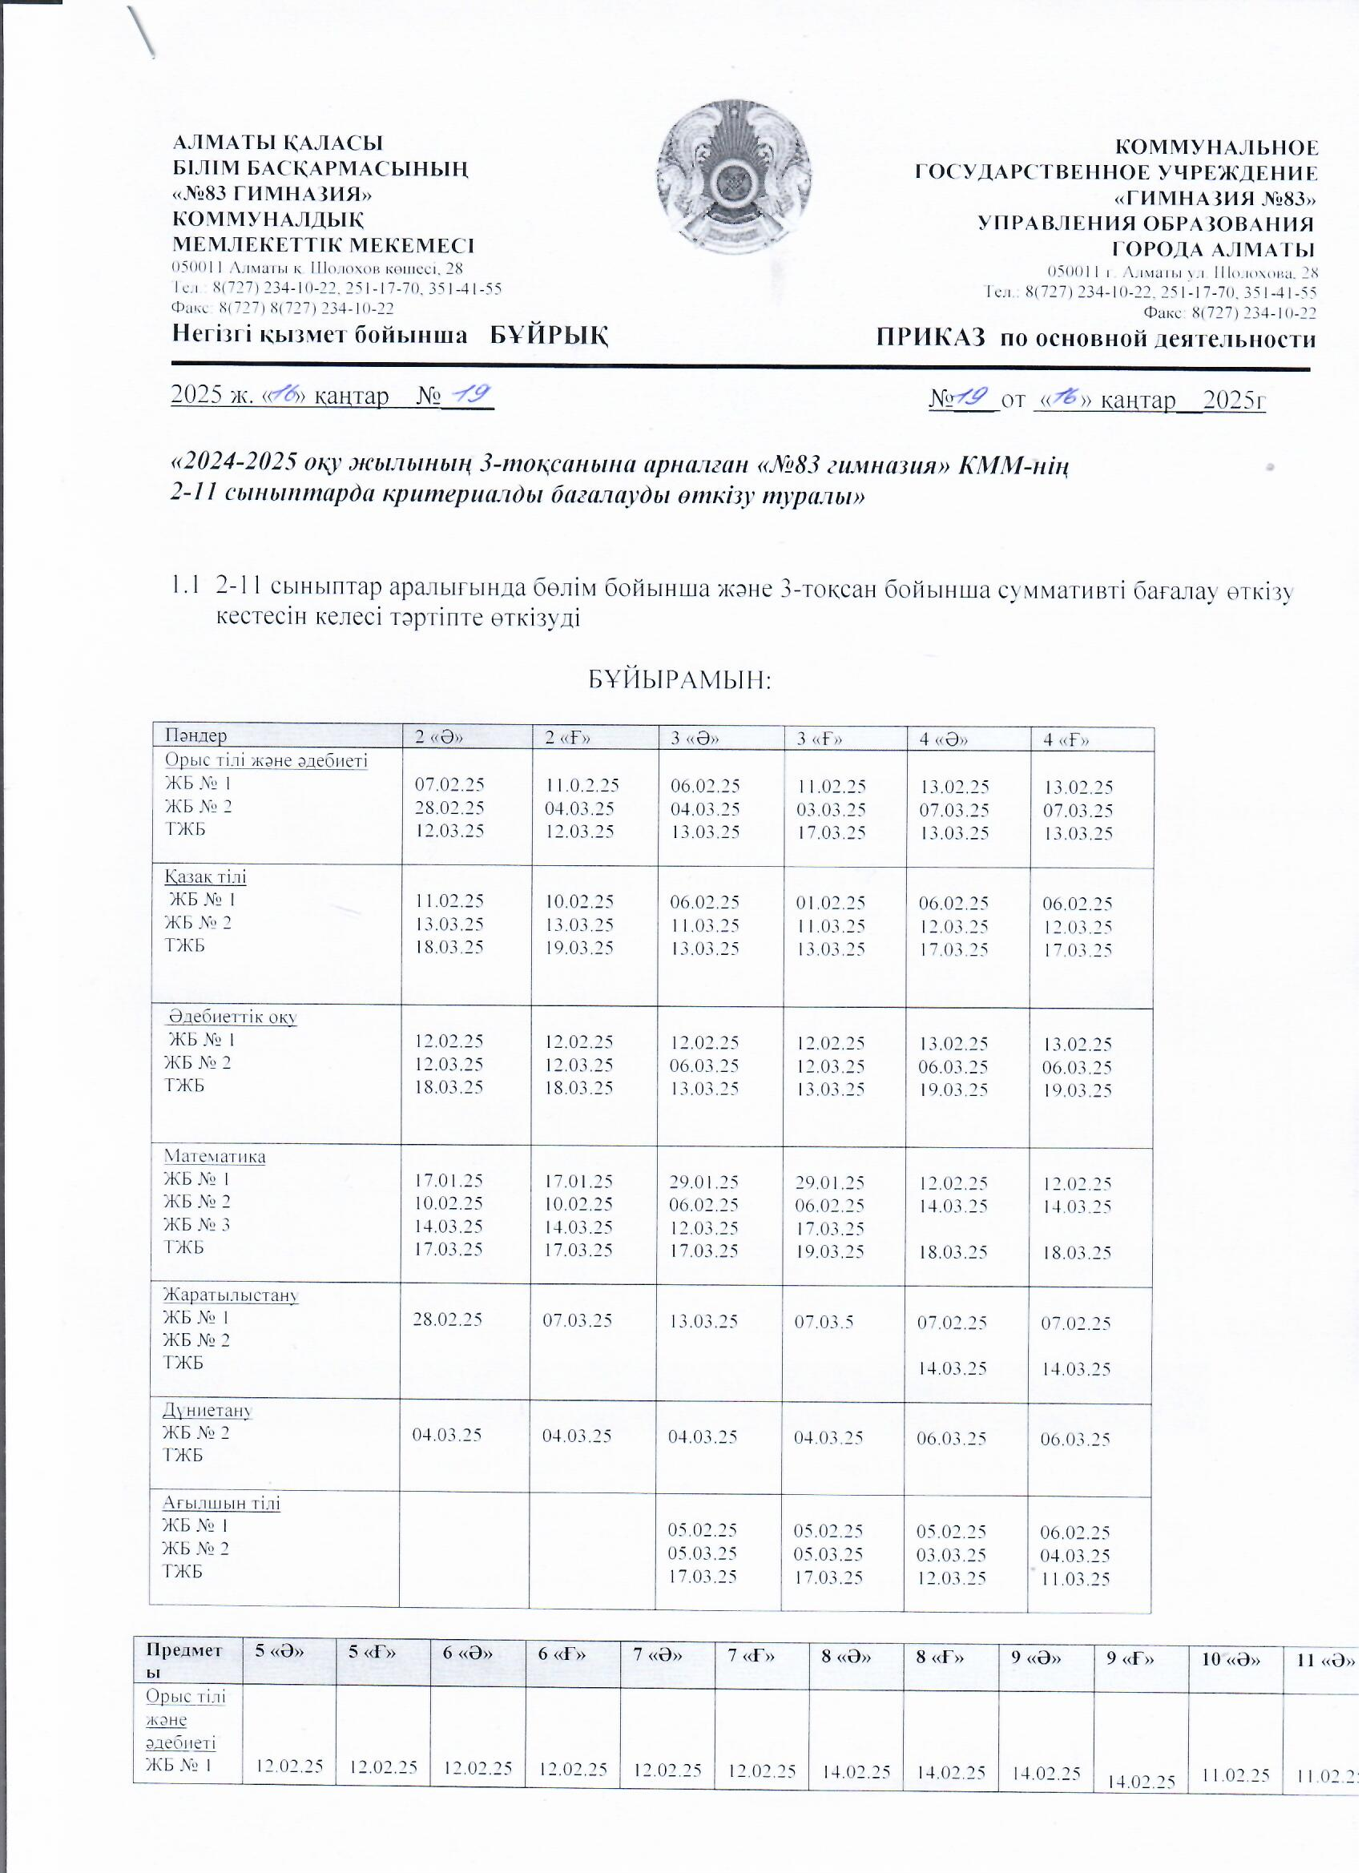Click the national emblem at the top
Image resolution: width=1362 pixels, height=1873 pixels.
[x=733, y=178]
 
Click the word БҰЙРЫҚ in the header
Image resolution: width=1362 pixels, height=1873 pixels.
[x=550, y=336]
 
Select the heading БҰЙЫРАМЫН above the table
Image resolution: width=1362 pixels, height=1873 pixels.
[x=679, y=680]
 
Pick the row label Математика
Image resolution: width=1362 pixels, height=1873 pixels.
[x=215, y=1157]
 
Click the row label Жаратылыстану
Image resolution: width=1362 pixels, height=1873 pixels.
[x=231, y=1295]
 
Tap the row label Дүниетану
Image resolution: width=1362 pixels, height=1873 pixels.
[x=208, y=1410]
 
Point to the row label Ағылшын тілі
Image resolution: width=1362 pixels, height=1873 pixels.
[x=221, y=1502]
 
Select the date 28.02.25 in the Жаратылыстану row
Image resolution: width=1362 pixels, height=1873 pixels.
[x=448, y=1319]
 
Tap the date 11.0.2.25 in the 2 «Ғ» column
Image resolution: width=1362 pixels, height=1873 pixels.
[x=582, y=785]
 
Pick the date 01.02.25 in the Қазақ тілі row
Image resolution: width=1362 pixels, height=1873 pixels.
[x=830, y=903]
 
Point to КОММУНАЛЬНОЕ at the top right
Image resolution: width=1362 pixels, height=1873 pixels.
[x=1217, y=149]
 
